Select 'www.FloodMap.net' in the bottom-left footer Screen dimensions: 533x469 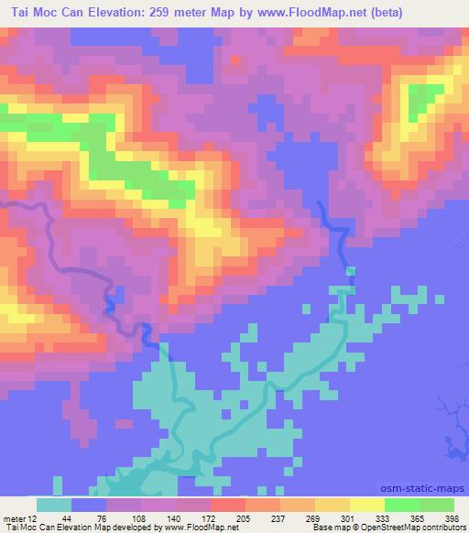click(x=194, y=528)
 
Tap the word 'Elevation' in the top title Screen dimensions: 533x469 click(x=111, y=12)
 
